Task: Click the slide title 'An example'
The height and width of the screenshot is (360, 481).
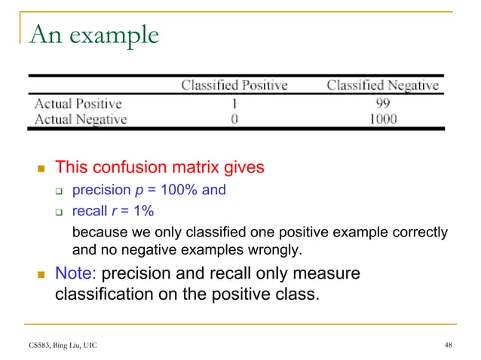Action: click(x=94, y=35)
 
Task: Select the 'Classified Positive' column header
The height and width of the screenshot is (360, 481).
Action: click(x=234, y=85)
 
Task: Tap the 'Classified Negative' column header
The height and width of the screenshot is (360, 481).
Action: click(x=382, y=85)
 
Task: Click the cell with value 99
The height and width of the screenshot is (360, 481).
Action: click(x=382, y=103)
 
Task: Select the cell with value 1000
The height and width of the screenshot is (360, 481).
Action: click(x=382, y=119)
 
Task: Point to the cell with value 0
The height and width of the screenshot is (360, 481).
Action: click(x=234, y=119)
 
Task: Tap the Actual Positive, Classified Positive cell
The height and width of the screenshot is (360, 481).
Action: click(x=234, y=103)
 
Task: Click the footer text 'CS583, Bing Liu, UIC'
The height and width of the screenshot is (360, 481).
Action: click(x=58, y=345)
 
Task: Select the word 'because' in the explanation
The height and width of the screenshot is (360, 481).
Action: click(x=99, y=232)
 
